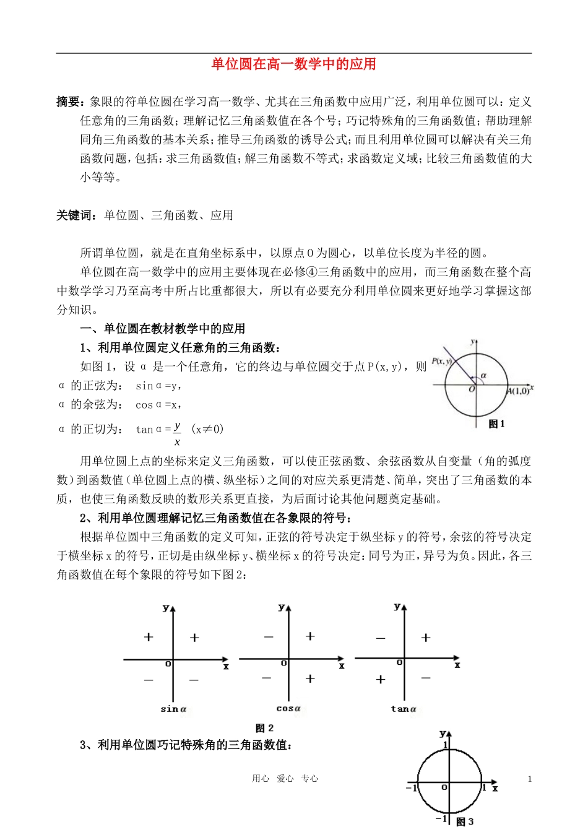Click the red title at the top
tap(293, 64)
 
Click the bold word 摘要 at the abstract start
tap(68, 102)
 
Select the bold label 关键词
tap(75, 215)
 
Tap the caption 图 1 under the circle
tap(496, 424)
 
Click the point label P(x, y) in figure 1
tap(441, 361)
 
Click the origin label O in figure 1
tap(472, 389)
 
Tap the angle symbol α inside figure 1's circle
tap(483, 375)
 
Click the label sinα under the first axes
tap(173, 709)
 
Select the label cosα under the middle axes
tap(288, 709)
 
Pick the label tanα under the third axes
tap(404, 709)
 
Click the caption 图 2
tap(264, 728)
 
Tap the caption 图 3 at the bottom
tap(465, 821)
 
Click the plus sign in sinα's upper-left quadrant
tap(149, 637)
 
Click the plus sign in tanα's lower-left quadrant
tap(381, 679)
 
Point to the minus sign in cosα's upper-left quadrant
tap(269, 637)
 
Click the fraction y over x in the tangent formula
tap(177, 434)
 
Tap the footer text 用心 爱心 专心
tap(285, 779)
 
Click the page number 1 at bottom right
tap(530, 779)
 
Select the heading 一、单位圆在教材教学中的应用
tap(163, 329)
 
